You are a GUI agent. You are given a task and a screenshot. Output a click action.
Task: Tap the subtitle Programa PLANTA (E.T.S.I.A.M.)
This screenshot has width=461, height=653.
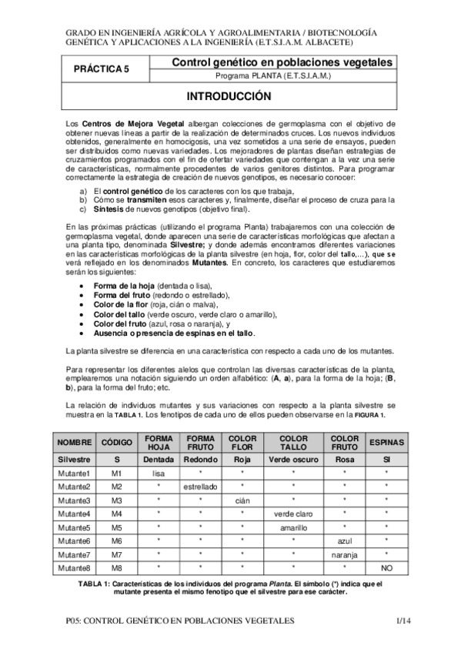point(273,77)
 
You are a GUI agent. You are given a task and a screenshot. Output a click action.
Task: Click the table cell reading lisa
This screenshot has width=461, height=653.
point(159,473)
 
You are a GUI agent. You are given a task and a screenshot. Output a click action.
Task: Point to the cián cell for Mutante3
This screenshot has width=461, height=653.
point(242,501)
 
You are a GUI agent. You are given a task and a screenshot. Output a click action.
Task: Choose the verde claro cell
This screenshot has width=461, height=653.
point(293,514)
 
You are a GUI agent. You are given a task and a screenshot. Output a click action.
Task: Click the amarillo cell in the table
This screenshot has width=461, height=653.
point(293,527)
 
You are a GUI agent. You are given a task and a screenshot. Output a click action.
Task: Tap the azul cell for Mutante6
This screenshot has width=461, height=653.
point(345,541)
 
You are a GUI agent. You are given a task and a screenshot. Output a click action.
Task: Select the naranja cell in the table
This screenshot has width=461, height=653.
point(345,554)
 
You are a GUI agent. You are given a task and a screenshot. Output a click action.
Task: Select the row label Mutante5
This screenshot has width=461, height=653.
point(74,527)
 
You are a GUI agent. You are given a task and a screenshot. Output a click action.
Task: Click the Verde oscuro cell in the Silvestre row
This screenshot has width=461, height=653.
point(293,459)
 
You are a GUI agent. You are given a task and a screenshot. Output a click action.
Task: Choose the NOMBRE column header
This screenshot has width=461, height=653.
point(74,443)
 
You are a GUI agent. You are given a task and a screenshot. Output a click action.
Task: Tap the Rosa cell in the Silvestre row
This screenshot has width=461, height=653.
point(345,459)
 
